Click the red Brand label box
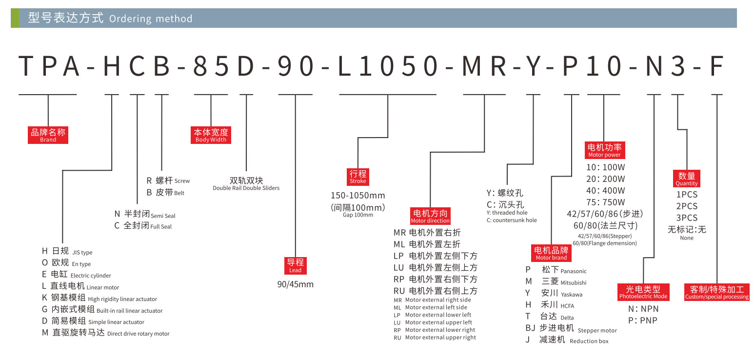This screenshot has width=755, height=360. (x=48, y=135)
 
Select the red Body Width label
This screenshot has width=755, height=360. (x=211, y=135)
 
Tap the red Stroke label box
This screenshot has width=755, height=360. (x=358, y=177)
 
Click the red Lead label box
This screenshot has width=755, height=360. (x=295, y=265)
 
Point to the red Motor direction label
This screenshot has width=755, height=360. (x=430, y=216)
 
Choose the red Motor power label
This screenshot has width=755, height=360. (x=604, y=150)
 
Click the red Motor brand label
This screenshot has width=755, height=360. (x=551, y=253)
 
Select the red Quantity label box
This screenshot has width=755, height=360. (x=686, y=179)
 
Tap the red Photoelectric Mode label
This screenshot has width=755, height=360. (x=643, y=292)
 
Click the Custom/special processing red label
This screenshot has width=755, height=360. (x=716, y=292)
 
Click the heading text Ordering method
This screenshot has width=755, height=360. (x=151, y=19)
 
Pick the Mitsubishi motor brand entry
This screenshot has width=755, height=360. (x=573, y=282)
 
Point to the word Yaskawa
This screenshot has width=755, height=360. (x=571, y=294)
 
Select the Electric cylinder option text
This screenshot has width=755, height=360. (x=91, y=276)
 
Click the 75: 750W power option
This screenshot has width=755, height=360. (x=605, y=202)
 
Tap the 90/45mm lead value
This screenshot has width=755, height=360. (x=295, y=284)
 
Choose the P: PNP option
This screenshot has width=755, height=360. (x=643, y=320)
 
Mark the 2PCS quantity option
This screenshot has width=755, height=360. (x=686, y=206)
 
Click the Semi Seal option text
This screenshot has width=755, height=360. (x=163, y=216)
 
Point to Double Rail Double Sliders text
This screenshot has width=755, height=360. (x=246, y=188)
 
